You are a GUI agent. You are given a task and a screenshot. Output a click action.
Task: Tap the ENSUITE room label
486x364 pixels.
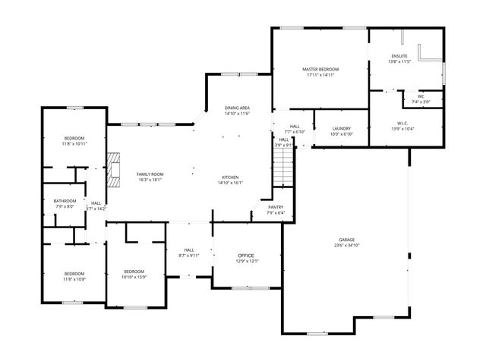tap(399, 56)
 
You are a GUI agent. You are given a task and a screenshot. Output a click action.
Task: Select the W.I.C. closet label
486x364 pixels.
tap(402, 123)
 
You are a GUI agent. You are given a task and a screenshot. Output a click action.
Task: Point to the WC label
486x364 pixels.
tap(421, 96)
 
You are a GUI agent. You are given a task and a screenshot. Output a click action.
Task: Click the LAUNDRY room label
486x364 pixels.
tap(341, 128)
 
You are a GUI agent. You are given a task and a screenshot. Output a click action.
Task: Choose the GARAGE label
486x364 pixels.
tap(346, 239)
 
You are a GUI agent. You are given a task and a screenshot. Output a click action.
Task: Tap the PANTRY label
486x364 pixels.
tap(275, 207)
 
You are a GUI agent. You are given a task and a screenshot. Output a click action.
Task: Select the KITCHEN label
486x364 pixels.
tap(229, 177)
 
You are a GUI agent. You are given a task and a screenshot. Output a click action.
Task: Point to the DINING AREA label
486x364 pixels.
tap(238, 108)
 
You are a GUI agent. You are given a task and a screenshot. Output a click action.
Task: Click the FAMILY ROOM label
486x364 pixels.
tap(150, 174)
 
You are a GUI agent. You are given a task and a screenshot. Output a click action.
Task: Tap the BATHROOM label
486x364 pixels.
tap(65, 201)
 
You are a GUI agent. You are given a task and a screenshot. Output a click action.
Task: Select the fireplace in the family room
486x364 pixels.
tap(114, 171)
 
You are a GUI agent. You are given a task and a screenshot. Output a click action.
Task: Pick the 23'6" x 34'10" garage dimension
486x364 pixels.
tap(346, 245)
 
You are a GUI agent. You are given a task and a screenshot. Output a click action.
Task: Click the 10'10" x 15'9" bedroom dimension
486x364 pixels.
tap(134, 278)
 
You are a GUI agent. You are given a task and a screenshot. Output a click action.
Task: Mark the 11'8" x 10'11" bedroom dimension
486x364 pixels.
tap(74, 143)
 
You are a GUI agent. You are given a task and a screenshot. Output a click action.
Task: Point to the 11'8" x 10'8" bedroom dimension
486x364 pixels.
tap(74, 279)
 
